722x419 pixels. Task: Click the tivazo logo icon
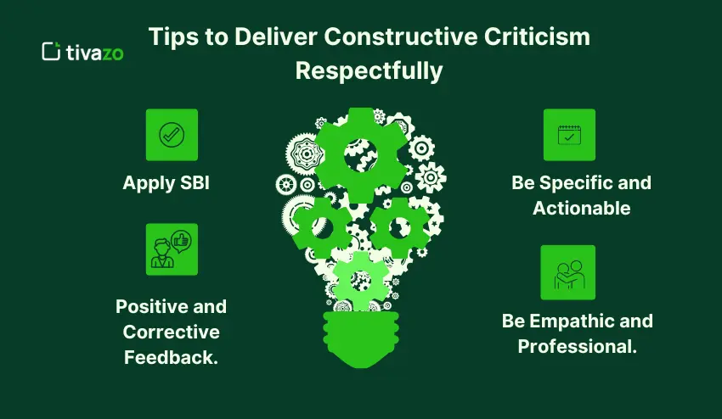click(51, 51)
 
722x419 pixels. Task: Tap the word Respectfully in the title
click(369, 70)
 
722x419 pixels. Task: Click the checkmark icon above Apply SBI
click(172, 135)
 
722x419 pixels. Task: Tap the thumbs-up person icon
click(172, 249)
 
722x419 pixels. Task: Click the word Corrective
click(172, 332)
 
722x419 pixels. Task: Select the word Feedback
click(172, 357)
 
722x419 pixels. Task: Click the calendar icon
click(569, 135)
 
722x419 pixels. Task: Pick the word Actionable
click(581, 207)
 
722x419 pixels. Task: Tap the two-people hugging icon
click(568, 272)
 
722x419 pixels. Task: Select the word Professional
click(578, 346)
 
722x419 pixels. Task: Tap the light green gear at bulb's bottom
click(361, 281)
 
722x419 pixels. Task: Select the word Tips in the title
click(172, 38)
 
